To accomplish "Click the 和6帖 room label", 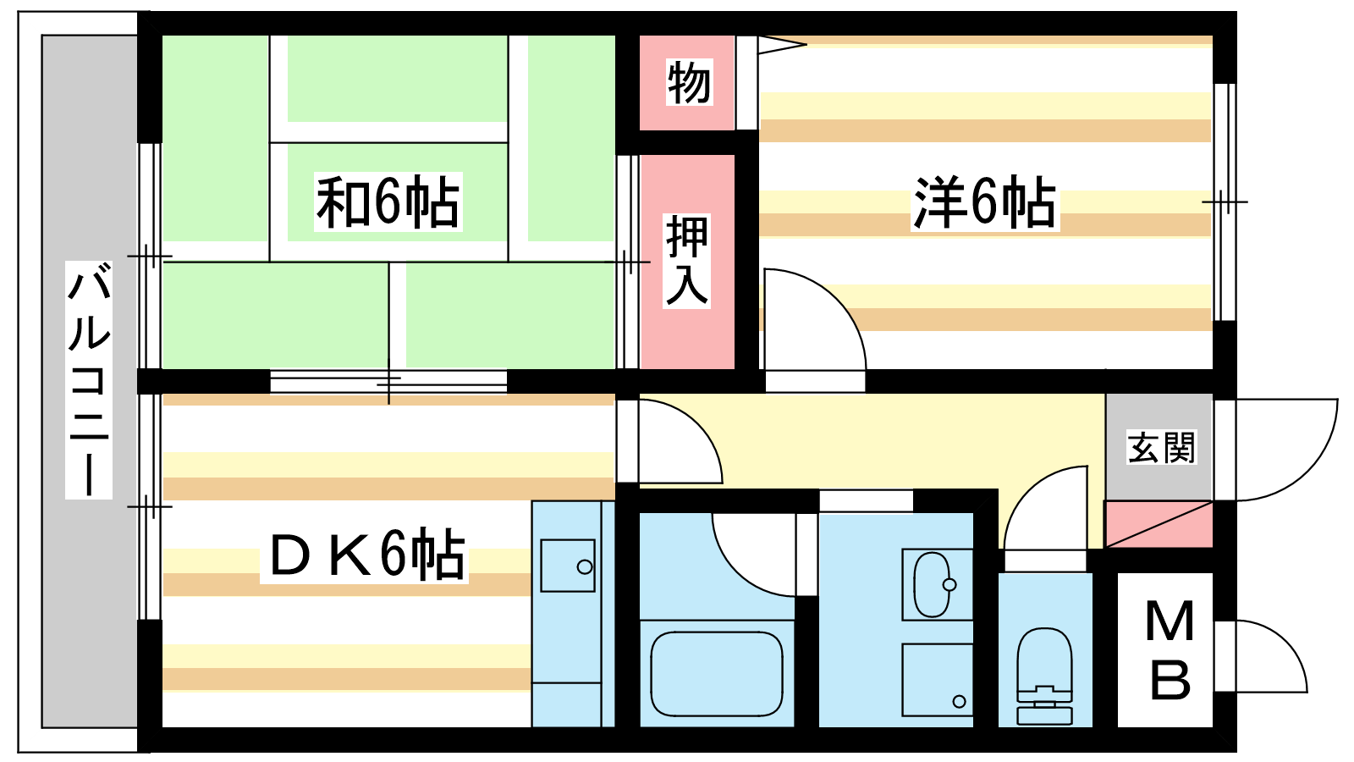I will tap(388, 202).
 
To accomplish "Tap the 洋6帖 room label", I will tap(984, 203).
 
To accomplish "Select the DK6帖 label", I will tap(366, 555).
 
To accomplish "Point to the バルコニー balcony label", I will tap(89, 379).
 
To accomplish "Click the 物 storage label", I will tap(688, 83).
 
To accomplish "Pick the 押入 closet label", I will tap(686, 260).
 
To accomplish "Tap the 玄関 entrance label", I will tap(1161, 447).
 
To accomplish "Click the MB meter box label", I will tap(1170, 650).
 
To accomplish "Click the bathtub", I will tap(717, 674).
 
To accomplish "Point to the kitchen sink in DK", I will tap(567, 566).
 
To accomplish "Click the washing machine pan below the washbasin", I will tap(937, 680).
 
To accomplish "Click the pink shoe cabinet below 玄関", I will tap(1159, 524).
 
